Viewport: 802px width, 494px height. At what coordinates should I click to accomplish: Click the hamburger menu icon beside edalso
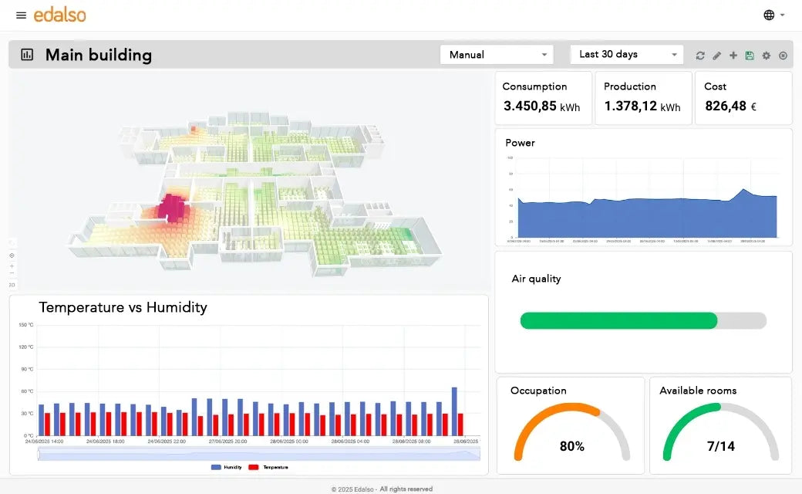[21, 15]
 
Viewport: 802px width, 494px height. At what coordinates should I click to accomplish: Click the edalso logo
[59, 15]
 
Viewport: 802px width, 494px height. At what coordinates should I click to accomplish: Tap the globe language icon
[769, 15]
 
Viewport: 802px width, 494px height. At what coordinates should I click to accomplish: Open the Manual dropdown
[497, 55]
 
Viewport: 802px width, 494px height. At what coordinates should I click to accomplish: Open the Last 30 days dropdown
[626, 55]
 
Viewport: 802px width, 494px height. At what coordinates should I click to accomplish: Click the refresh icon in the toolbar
[700, 56]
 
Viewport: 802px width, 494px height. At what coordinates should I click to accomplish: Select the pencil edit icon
[716, 56]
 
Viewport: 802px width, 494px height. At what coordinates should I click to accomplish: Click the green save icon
[750, 56]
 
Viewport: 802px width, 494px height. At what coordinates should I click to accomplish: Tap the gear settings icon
[766, 56]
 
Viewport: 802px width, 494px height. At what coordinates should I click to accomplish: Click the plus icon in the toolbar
[733, 56]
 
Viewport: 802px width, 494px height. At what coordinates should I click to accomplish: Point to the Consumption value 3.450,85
[530, 107]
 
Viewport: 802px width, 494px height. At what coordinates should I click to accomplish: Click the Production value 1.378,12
[631, 107]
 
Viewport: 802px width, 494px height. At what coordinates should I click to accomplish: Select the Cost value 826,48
[726, 107]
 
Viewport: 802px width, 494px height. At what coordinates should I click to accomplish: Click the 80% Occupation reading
[571, 446]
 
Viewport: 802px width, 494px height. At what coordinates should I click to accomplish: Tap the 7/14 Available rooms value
[720, 446]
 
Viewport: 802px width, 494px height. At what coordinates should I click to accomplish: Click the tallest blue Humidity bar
[454, 411]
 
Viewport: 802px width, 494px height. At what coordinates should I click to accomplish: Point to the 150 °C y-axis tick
[25, 325]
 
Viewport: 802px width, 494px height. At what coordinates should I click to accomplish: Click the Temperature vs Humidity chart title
[123, 307]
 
